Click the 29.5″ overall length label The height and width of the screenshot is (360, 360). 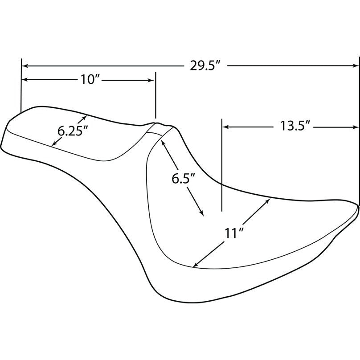point(205,66)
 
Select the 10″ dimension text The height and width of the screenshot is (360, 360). point(92,80)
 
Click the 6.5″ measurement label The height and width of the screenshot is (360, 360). point(184,179)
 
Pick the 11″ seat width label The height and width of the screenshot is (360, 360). point(233,233)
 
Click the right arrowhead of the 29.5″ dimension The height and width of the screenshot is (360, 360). point(356,66)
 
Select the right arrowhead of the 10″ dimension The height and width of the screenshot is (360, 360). point(151,80)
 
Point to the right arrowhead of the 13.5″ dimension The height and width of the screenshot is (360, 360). point(356,127)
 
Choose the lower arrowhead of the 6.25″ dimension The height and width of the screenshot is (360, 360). point(54,143)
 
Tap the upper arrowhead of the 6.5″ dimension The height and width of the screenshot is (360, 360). point(163,143)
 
